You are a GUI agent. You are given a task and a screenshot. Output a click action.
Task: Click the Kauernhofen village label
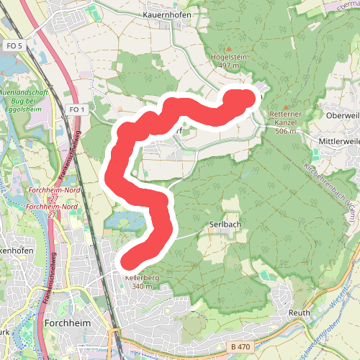165,14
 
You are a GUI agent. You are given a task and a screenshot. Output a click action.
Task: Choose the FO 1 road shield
78,109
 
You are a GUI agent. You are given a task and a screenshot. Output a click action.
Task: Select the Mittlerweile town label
338,142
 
